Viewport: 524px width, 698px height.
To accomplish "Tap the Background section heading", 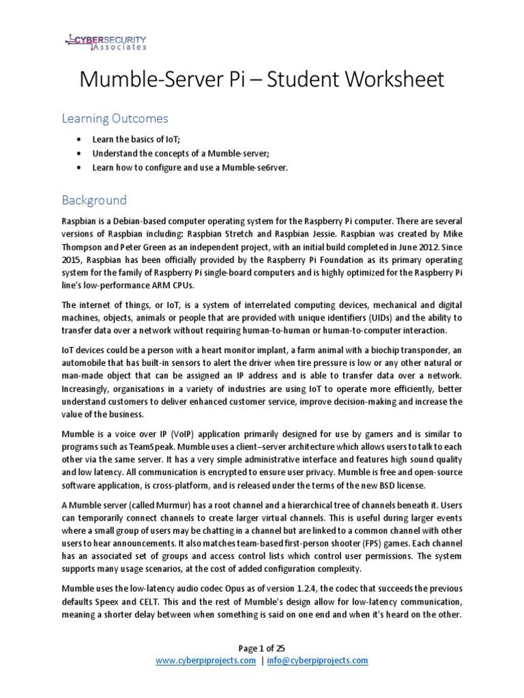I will point(94,200).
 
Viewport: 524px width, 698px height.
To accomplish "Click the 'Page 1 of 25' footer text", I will point(261,648).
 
